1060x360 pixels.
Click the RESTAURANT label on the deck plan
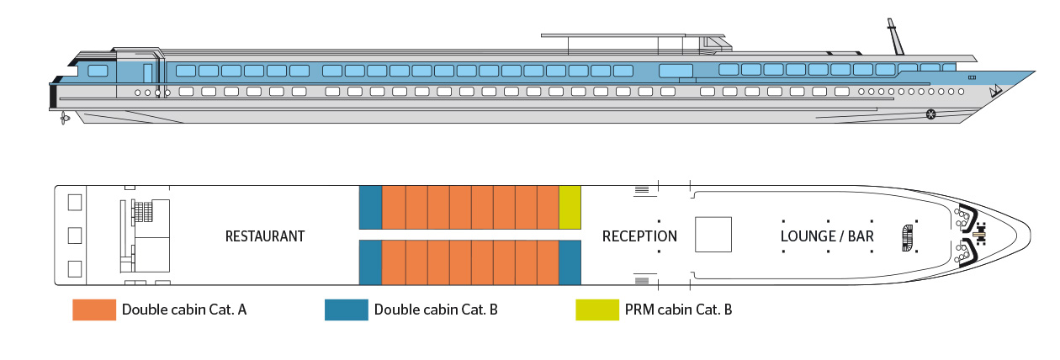click(265, 236)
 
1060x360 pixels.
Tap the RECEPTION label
click(639, 236)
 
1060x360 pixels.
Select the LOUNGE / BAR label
click(827, 236)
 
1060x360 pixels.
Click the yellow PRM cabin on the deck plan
click(570, 207)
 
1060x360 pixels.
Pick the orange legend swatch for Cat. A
click(93, 310)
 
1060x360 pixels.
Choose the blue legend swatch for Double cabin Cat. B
click(346, 310)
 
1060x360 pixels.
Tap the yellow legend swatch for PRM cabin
click(596, 310)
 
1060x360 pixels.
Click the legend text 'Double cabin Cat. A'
click(184, 310)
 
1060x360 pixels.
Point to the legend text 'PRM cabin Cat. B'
click(680, 310)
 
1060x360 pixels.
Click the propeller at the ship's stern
click(63, 119)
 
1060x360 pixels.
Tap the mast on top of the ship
click(892, 37)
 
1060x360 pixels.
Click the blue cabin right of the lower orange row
click(570, 263)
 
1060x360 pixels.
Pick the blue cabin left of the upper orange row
click(370, 207)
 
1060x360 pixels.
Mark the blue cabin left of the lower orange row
click(370, 263)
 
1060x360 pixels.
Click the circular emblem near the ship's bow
click(930, 114)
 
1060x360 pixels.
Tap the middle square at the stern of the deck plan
click(74, 236)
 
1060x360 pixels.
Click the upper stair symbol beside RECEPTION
click(641, 190)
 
